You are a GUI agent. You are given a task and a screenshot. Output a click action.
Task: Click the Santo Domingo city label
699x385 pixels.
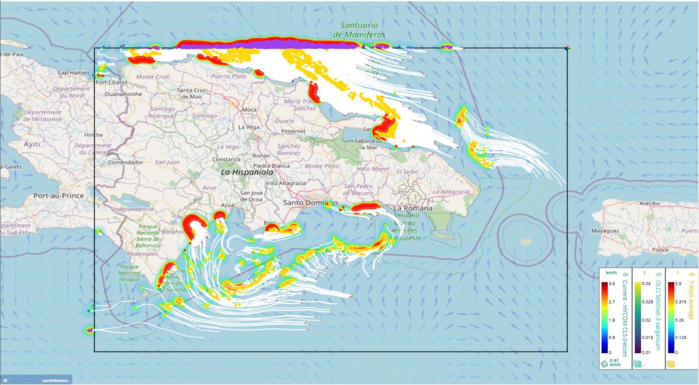(310, 203)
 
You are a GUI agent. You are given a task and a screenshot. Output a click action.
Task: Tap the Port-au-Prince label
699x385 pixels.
(59, 196)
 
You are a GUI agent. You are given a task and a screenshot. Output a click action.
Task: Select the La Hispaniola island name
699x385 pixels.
(247, 172)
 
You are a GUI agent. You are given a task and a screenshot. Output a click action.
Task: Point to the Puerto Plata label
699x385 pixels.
(229, 76)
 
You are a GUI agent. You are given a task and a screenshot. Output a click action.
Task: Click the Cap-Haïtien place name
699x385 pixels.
(73, 73)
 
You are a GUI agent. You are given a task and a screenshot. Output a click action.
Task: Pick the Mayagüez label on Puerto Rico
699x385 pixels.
(605, 231)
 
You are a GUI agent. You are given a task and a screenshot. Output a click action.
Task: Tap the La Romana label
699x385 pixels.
(413, 208)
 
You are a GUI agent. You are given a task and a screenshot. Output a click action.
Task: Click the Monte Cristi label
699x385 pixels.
(152, 77)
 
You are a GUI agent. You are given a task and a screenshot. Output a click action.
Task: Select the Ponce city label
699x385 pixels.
(660, 250)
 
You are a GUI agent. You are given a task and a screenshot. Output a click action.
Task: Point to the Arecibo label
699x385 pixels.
(649, 204)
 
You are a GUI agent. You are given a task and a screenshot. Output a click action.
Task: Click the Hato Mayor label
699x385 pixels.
(373, 169)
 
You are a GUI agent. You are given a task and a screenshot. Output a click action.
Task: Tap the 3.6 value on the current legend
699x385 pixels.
(612, 284)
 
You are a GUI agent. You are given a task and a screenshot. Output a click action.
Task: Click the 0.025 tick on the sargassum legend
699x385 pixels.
(647, 302)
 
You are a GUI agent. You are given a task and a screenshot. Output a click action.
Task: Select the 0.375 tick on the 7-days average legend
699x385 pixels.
(680, 302)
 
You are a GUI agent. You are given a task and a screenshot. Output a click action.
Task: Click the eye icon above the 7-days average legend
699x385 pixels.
(692, 274)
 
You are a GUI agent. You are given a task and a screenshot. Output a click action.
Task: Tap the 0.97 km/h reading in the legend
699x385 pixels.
(614, 363)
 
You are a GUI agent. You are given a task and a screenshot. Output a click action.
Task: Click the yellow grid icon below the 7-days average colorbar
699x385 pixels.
(671, 364)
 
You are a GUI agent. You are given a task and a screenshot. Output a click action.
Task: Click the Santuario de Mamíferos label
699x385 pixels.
(359, 30)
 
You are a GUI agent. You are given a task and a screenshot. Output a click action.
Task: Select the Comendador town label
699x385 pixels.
(125, 163)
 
